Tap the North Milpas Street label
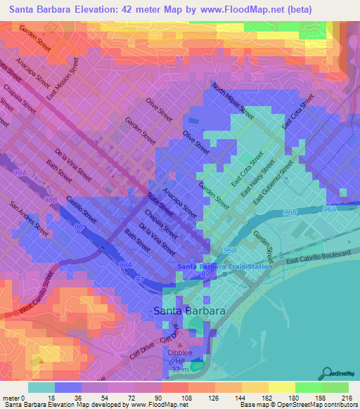[x=233, y=101]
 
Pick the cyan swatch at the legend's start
[x=41, y=387]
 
